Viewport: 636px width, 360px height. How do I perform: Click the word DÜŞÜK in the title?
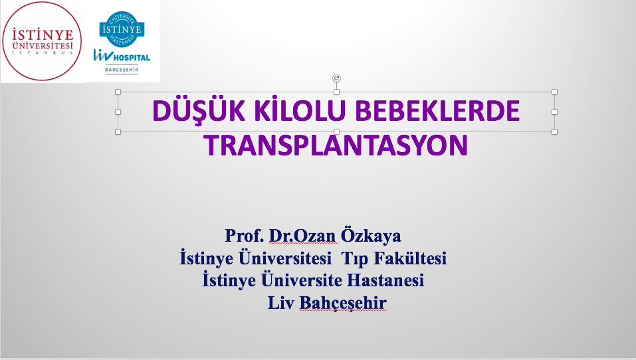[199, 110]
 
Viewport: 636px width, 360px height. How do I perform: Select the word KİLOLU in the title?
[300, 110]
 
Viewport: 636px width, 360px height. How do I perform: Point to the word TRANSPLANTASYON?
[336, 145]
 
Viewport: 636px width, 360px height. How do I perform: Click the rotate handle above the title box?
[336, 78]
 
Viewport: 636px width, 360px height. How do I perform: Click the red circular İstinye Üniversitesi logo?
[42, 41]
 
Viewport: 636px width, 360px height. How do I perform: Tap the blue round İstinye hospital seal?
[122, 29]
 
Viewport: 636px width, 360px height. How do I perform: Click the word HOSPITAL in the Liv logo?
[132, 58]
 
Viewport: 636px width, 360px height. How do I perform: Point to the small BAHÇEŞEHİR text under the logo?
[122, 70]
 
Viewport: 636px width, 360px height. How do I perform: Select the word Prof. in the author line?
[245, 236]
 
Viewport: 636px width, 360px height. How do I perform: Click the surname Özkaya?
[371, 235]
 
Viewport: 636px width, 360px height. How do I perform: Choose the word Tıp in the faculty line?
[355, 258]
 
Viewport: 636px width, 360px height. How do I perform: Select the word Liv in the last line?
[280, 302]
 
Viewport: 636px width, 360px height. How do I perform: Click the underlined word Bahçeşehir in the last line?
[343, 303]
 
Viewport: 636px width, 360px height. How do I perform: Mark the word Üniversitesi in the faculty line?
[284, 257]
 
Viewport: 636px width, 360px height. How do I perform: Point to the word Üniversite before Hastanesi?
[301, 279]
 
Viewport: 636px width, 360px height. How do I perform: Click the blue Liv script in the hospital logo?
[102, 54]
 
